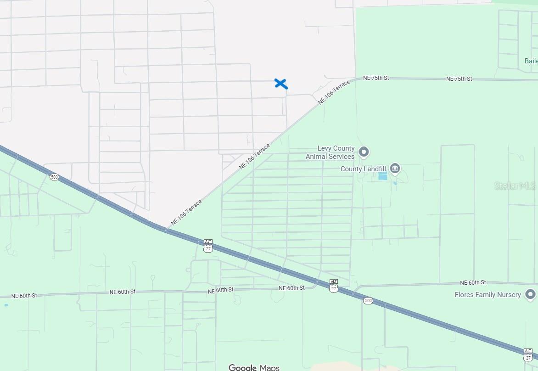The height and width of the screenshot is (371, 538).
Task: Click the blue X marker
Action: [281, 84]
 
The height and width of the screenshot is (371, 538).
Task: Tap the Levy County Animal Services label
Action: [330, 152]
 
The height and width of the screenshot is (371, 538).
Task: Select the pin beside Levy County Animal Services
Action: [364, 151]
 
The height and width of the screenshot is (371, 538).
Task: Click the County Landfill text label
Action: [363, 169]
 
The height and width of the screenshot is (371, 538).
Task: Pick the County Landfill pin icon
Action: [395, 168]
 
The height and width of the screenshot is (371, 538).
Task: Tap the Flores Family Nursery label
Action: [488, 295]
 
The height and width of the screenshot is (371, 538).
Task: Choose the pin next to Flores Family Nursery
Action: [531, 294]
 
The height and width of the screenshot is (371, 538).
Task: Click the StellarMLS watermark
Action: [515, 186]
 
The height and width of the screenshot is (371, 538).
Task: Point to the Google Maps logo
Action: [254, 367]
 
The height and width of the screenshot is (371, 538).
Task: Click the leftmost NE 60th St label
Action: [24, 296]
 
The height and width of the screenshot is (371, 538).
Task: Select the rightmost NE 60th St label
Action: [473, 282]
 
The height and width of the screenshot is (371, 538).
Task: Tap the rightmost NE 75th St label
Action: [459, 79]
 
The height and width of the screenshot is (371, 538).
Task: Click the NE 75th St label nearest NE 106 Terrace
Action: [376, 78]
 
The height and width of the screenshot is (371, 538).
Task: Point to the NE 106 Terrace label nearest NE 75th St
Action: [334, 92]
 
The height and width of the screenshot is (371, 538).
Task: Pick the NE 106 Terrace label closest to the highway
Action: [186, 212]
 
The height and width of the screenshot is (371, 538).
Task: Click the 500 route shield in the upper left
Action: [55, 177]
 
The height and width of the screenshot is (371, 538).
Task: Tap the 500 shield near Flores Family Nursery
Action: [368, 301]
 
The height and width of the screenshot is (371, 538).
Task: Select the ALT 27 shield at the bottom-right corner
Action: [528, 354]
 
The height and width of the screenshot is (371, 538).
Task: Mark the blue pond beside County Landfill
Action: [382, 176]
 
